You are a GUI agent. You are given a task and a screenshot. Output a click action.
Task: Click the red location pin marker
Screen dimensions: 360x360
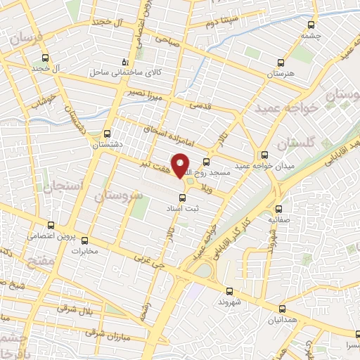(x=181, y=166)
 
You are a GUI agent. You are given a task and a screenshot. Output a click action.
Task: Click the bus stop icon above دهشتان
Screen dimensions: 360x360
(x=108, y=134)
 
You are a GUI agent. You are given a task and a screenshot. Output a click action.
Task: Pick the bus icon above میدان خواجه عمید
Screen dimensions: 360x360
(x=264, y=155)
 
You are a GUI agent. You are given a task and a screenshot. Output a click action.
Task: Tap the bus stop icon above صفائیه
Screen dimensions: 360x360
(x=278, y=208)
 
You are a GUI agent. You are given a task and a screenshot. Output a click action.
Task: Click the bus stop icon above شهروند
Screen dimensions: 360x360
(x=229, y=291)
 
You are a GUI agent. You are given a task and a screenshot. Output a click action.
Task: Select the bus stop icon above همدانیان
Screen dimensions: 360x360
(x=282, y=309)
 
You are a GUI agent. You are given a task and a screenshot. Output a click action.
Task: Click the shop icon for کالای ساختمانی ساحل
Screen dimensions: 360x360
(x=125, y=61)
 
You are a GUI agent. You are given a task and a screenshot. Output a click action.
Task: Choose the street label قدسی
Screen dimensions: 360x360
(x=202, y=105)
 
